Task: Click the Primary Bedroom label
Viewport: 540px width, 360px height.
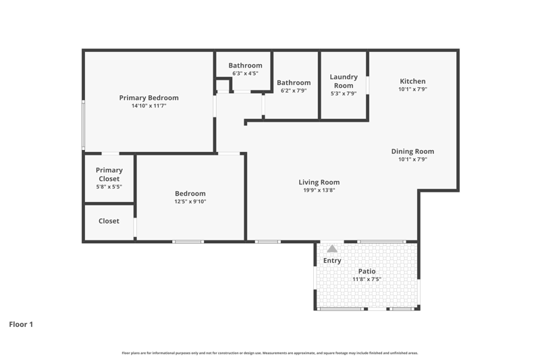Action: tap(148, 98)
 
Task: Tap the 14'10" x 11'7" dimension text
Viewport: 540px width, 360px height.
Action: tap(148, 106)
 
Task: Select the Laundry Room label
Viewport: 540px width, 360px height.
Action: tap(344, 81)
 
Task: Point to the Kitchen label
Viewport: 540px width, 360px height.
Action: tap(412, 81)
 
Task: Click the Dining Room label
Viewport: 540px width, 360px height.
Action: tap(412, 151)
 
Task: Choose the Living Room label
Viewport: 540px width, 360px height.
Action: tap(319, 182)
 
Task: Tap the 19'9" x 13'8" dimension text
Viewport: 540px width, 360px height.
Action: tap(319, 190)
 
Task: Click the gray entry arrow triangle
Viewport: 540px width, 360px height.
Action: tap(332, 249)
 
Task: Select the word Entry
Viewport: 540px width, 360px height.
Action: tap(332, 261)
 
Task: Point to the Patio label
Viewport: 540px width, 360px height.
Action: tap(367, 272)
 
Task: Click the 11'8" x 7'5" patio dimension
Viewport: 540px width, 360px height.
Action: tap(367, 280)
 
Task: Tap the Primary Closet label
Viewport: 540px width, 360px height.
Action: tap(109, 174)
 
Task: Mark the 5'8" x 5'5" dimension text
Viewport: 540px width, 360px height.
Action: tap(109, 186)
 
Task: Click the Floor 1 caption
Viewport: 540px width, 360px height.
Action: tap(21, 324)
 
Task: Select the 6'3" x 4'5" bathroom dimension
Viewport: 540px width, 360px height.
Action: tap(245, 74)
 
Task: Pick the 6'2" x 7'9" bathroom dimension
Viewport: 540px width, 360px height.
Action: tap(294, 91)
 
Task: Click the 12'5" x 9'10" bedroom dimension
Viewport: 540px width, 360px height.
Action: tap(190, 201)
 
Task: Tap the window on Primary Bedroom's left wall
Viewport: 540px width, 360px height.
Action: tap(83, 125)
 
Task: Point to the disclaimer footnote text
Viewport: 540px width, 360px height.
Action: tap(270, 353)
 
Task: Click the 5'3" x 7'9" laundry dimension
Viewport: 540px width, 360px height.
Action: tap(344, 93)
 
